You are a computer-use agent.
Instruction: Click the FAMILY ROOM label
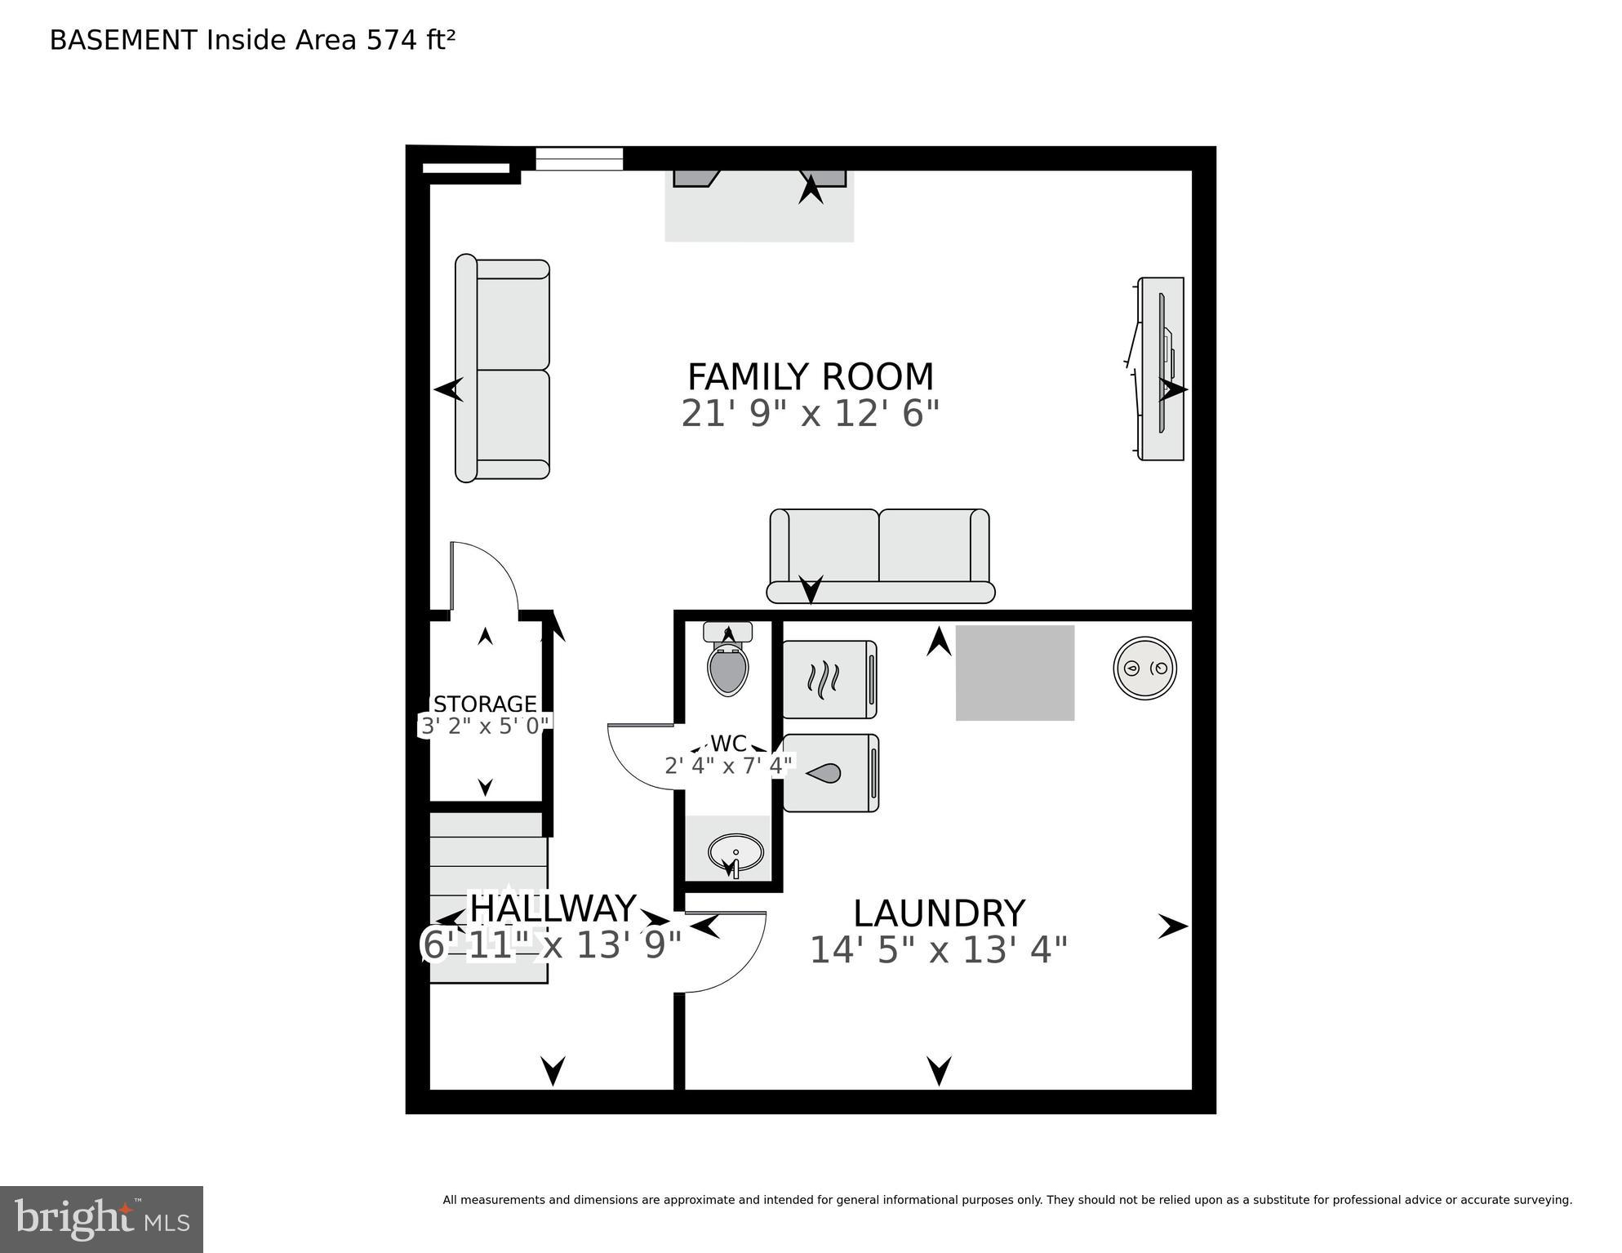[x=810, y=377]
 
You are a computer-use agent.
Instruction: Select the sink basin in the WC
[x=735, y=854]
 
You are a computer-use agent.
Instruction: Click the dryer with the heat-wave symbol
[x=829, y=679]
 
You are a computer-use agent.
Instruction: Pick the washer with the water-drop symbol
[x=830, y=773]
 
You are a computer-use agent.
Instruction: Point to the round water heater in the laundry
[x=1144, y=668]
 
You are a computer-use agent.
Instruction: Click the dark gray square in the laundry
[x=1015, y=673]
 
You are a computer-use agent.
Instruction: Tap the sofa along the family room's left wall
[x=503, y=369]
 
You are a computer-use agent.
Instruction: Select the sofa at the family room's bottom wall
[x=880, y=556]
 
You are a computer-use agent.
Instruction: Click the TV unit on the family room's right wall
[x=1161, y=369]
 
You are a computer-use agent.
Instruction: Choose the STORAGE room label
[x=485, y=704]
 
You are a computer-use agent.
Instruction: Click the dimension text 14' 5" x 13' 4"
[x=938, y=950]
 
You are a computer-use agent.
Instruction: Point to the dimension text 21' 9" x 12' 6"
[x=810, y=414]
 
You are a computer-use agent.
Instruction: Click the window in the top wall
[x=579, y=158]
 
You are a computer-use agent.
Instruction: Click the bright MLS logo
[x=101, y=1219]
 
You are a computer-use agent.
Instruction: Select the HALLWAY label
[x=553, y=909]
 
